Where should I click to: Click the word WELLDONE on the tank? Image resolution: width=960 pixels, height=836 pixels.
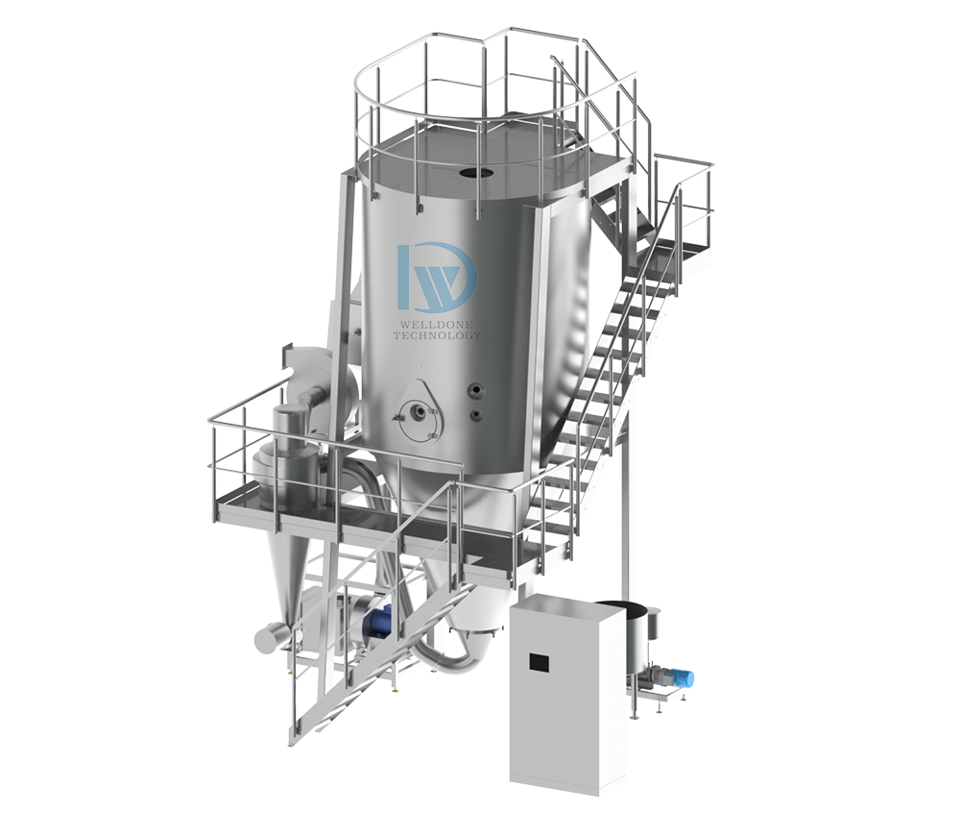pyautogui.click(x=437, y=323)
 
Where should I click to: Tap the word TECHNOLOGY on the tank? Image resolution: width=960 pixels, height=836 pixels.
pyautogui.click(x=437, y=335)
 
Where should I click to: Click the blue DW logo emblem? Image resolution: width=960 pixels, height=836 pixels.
pyautogui.click(x=437, y=277)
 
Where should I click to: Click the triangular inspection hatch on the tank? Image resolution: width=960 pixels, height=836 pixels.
pyautogui.click(x=417, y=411)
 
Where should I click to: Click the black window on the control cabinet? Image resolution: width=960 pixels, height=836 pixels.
pyautogui.click(x=539, y=662)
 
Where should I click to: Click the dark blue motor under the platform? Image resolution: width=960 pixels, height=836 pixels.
pyautogui.click(x=377, y=623)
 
